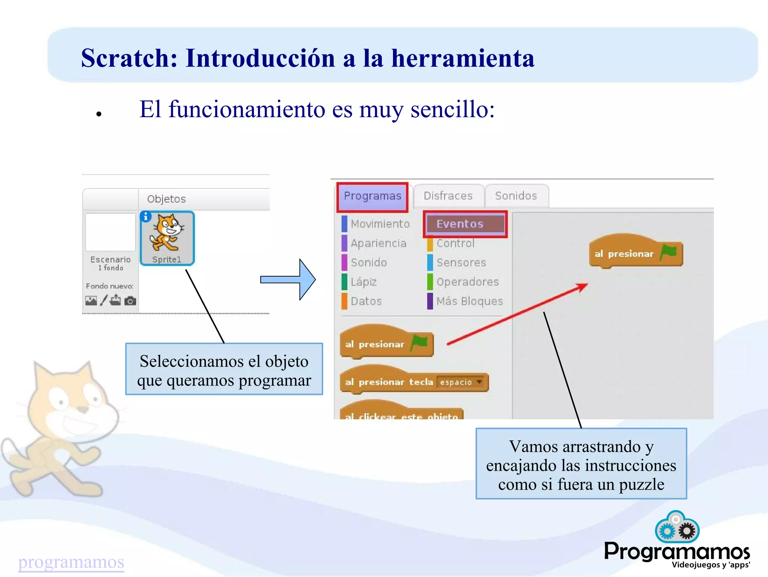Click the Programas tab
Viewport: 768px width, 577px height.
pos(372,196)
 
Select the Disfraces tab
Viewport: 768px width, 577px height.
pos(448,196)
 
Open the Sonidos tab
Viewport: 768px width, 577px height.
pos(516,196)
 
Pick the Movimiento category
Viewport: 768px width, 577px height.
pos(380,224)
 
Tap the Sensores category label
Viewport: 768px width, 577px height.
pos(461,263)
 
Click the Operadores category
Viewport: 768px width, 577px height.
pos(467,282)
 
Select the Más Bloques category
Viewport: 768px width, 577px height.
pos(469,301)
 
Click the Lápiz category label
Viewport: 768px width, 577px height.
pos(363,282)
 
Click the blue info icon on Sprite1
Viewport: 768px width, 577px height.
pos(146,217)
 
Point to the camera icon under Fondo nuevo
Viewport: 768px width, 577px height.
pos(130,301)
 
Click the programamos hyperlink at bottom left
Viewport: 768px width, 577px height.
pos(71,562)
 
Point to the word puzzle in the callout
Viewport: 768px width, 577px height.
pos(641,485)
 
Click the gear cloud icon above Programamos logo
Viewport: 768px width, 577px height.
pos(677,527)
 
